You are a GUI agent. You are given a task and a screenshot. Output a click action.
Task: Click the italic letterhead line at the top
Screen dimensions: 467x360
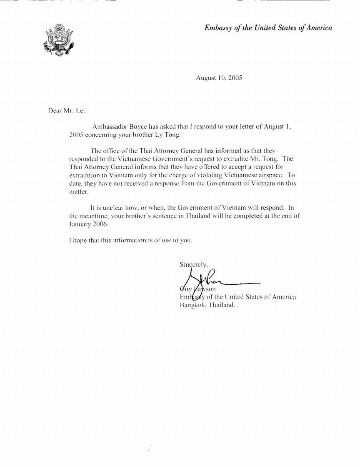click(x=268, y=28)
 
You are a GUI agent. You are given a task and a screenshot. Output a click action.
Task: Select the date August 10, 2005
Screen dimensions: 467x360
click(x=219, y=78)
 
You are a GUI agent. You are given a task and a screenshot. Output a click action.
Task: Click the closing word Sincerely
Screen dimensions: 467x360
click(x=194, y=264)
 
